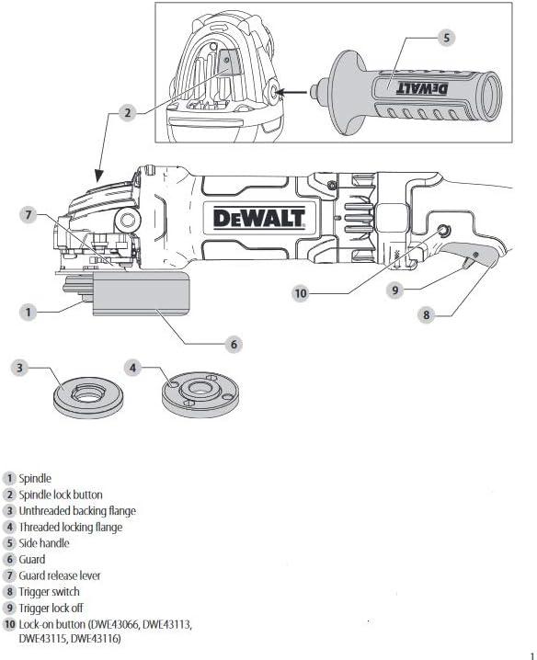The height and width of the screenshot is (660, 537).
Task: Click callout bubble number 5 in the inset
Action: pyautogui.click(x=447, y=38)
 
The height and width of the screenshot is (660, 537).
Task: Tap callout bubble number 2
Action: pyautogui.click(x=128, y=113)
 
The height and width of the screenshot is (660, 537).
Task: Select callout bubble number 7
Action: pyautogui.click(x=29, y=215)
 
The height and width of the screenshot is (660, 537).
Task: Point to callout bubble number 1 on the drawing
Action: pyautogui.click(x=29, y=313)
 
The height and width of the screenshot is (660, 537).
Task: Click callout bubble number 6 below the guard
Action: pyautogui.click(x=234, y=345)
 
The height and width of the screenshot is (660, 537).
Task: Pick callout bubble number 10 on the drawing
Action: pyautogui.click(x=301, y=293)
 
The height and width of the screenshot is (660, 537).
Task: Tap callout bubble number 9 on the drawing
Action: pyautogui.click(x=395, y=290)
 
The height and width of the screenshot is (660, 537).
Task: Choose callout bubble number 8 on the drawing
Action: pyautogui.click(x=427, y=314)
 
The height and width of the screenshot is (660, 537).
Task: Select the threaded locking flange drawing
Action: pyautogui.click(x=200, y=395)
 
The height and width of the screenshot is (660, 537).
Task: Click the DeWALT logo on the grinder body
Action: pyautogui.click(x=259, y=218)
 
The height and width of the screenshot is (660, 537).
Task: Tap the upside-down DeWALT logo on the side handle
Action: pyautogui.click(x=422, y=88)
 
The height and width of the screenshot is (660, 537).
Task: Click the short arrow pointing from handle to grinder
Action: pyautogui.click(x=293, y=92)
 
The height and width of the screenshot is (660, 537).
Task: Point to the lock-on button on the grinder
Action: pyautogui.click(x=444, y=230)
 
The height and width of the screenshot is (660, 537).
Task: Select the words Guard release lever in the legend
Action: pyautogui.click(x=60, y=575)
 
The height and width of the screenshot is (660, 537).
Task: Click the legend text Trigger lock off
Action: pyautogui.click(x=51, y=608)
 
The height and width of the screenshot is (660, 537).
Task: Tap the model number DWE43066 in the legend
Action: pyautogui.click(x=114, y=624)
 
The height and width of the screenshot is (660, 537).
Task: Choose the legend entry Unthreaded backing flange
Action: pyautogui.click(x=77, y=511)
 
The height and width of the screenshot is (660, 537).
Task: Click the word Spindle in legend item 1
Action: pyautogui.click(x=35, y=479)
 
